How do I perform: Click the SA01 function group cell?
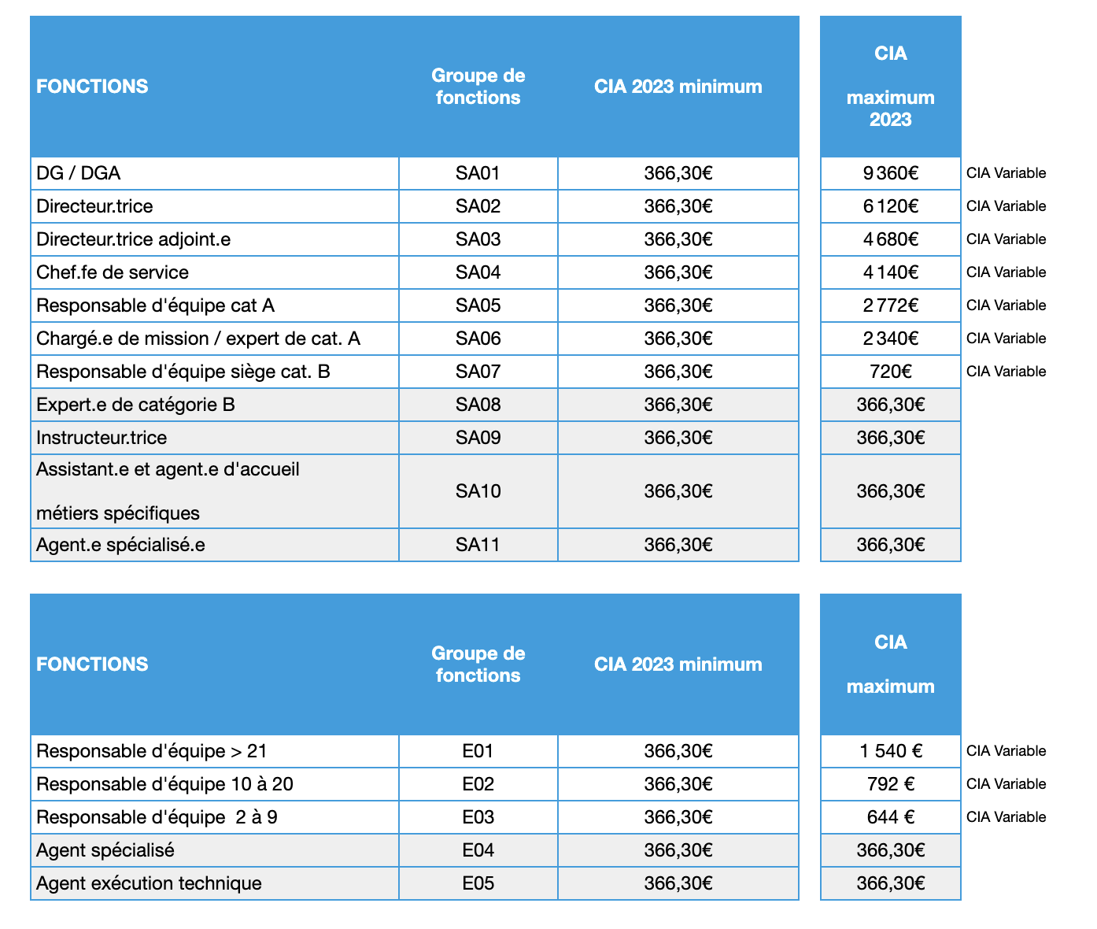point(478,173)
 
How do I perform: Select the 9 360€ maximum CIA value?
point(890,173)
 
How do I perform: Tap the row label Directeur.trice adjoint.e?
point(134,239)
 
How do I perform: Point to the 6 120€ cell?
point(890,206)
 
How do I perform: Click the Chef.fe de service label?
point(113,272)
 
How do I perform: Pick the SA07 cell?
point(478,372)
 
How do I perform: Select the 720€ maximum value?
point(890,372)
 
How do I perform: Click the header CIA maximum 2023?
point(890,87)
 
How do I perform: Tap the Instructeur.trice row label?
point(102,438)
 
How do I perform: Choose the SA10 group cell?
point(478,491)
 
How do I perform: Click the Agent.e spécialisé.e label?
point(120,545)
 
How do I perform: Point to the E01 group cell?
point(478,751)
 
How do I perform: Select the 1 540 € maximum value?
point(890,751)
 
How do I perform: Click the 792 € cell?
point(890,784)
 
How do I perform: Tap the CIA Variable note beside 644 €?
point(1006,817)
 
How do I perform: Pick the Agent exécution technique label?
point(149,883)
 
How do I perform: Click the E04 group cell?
point(478,850)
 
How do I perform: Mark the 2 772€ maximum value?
point(890,305)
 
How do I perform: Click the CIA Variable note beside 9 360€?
point(1006,173)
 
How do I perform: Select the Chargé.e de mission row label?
point(198,339)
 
